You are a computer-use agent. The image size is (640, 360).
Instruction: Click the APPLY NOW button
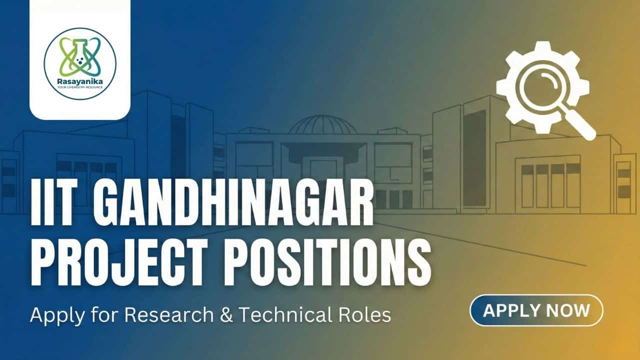click(536, 310)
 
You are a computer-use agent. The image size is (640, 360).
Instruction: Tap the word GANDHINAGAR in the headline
click(233, 202)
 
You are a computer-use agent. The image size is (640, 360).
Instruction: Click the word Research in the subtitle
click(169, 314)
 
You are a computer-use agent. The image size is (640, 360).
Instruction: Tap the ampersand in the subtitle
click(226, 314)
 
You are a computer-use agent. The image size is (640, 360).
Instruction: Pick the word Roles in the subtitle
click(362, 314)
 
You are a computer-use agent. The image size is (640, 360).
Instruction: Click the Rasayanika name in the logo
click(80, 81)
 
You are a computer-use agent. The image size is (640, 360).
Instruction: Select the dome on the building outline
click(323, 124)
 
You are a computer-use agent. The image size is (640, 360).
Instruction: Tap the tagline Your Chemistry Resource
click(80, 87)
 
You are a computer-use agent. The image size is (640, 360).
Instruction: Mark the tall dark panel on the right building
click(474, 158)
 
